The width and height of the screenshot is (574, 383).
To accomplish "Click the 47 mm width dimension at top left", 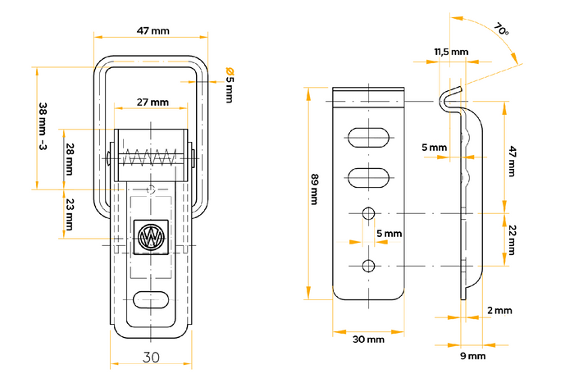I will pos(148,31).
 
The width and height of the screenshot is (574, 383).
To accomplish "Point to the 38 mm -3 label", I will pos(43,126).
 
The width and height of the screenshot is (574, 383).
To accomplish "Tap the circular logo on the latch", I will pos(150,238).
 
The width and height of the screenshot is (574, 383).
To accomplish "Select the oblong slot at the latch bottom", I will pos(149,300).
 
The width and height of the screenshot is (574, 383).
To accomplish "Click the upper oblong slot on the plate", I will pos(369,136).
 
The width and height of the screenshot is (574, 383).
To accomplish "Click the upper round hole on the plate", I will pos(369,214).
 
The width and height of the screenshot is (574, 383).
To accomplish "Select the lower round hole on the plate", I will pos(369,265).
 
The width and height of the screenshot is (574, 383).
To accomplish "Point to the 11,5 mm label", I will pos(451,52).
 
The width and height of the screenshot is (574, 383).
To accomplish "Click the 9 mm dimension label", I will pos(471,356).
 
